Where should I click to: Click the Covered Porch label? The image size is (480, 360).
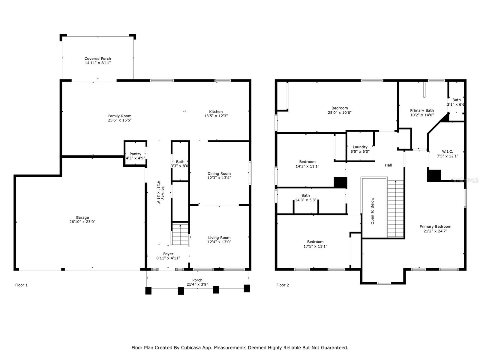click(97, 58)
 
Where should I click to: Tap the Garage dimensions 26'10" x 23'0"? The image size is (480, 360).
click(82, 222)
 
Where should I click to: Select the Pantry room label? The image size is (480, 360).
click(135, 154)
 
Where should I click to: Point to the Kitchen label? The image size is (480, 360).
click(216, 112)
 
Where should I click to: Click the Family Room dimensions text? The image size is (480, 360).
click(120, 120)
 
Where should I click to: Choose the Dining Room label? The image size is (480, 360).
click(219, 174)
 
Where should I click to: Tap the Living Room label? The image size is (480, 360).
click(219, 238)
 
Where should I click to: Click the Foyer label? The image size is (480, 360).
click(168, 254)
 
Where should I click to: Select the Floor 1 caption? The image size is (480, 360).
click(21, 285)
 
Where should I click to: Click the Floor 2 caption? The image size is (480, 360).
click(283, 285)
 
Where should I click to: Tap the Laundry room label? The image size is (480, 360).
click(360, 147)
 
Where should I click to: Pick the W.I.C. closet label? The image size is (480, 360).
click(447, 151)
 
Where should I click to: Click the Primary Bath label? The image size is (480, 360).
click(422, 110)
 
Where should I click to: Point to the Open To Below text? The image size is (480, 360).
click(372, 211)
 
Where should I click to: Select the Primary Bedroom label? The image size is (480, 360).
click(435, 226)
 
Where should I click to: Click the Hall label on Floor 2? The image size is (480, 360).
click(388, 165)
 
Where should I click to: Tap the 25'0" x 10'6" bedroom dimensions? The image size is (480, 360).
click(340, 112)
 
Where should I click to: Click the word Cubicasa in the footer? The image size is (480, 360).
click(191, 347)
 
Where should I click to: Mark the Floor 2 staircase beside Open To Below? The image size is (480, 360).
click(396, 209)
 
